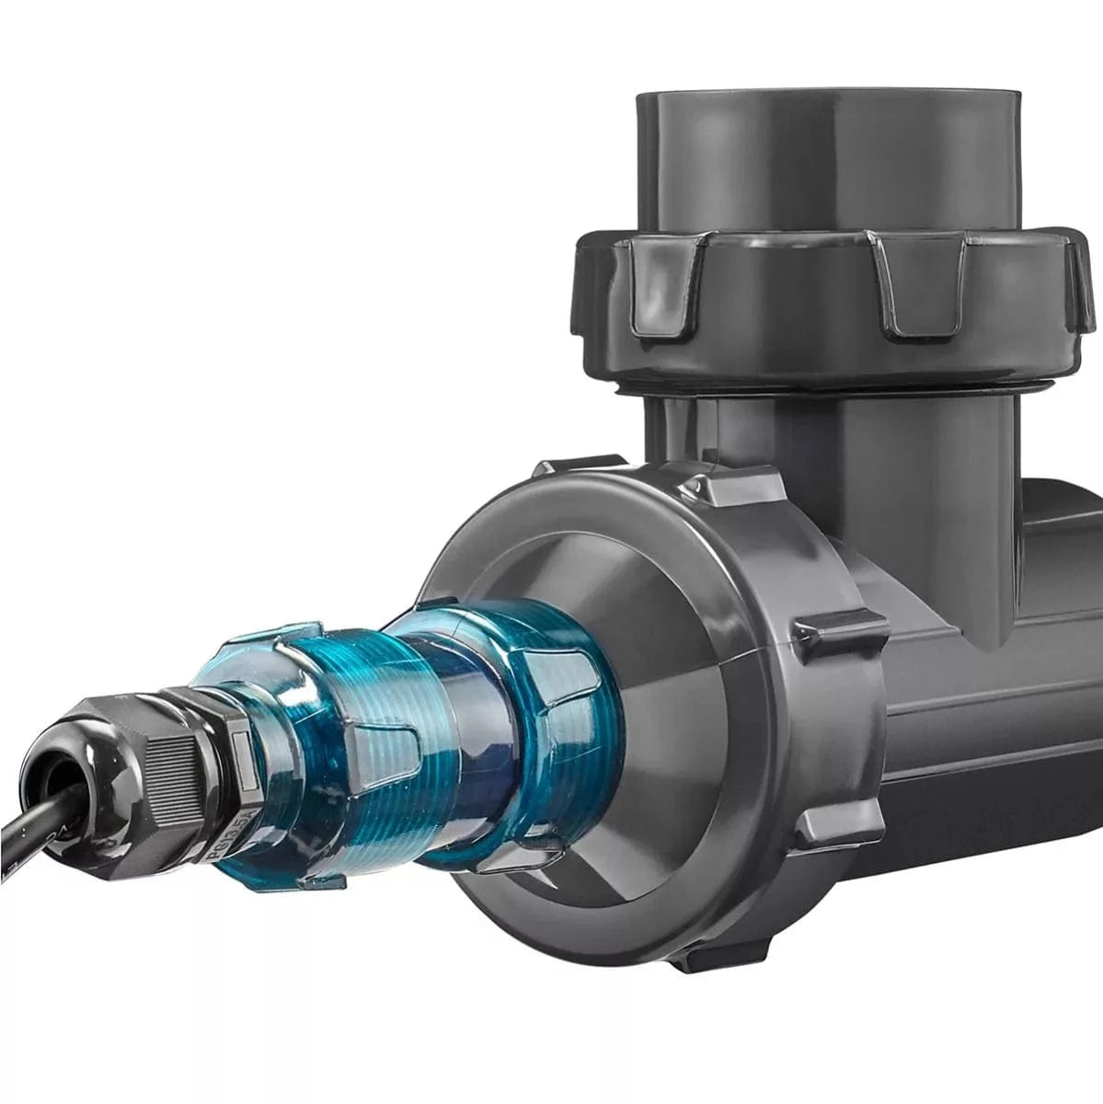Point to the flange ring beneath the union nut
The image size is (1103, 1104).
click(828, 386)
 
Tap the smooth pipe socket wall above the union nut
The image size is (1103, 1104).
click(828, 166)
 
